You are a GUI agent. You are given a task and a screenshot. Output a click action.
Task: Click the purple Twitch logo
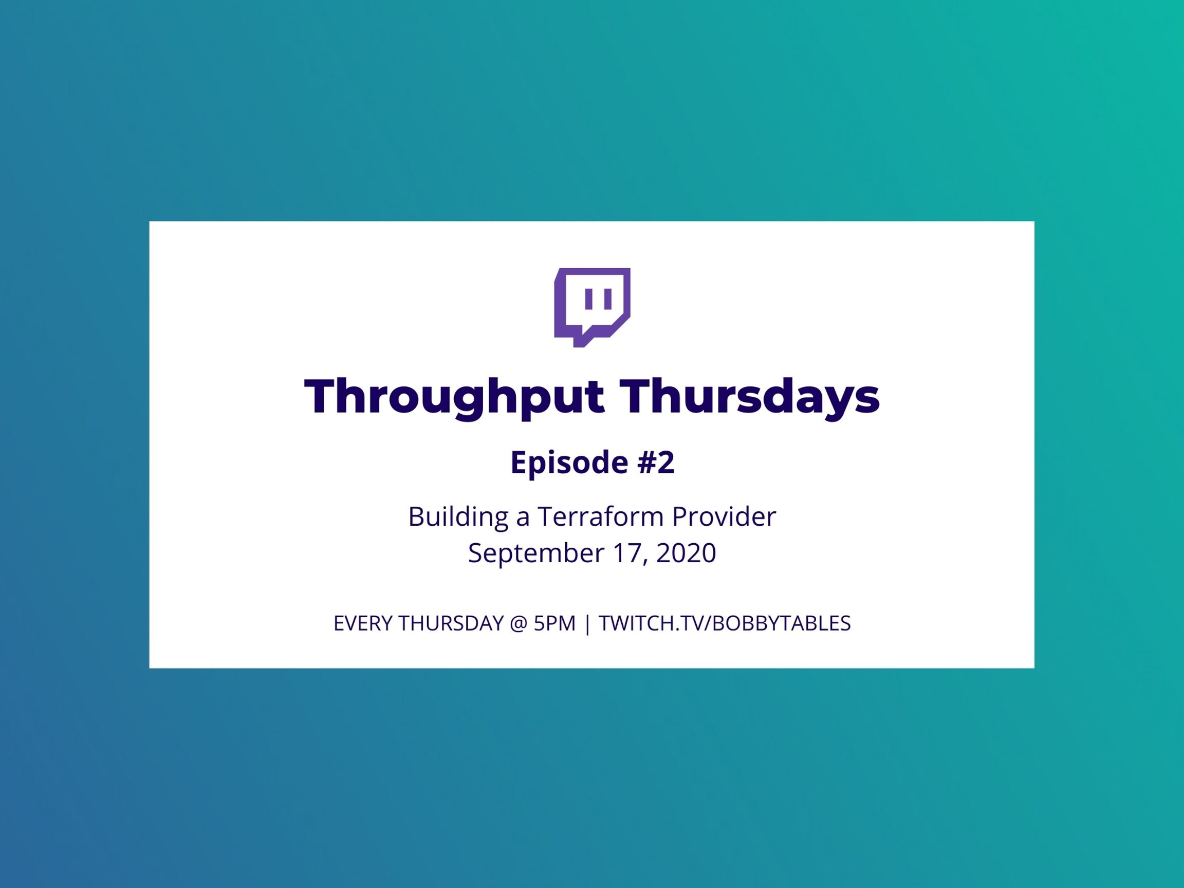click(592, 307)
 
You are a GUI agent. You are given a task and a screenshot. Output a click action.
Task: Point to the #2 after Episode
click(656, 462)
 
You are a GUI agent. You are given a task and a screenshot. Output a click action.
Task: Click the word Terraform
click(600, 516)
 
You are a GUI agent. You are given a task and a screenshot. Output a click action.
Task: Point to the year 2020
click(686, 553)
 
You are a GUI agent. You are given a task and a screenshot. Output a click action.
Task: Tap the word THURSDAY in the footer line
click(451, 623)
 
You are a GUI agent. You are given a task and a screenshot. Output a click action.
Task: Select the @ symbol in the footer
click(519, 624)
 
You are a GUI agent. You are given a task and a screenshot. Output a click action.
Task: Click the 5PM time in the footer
click(554, 623)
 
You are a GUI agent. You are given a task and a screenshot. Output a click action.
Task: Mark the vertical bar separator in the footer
click(588, 624)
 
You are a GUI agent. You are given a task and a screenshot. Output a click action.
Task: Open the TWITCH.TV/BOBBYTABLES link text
click(725, 623)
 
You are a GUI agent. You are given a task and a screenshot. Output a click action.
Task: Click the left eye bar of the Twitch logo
click(589, 299)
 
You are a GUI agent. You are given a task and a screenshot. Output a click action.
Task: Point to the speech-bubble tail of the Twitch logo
click(581, 342)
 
